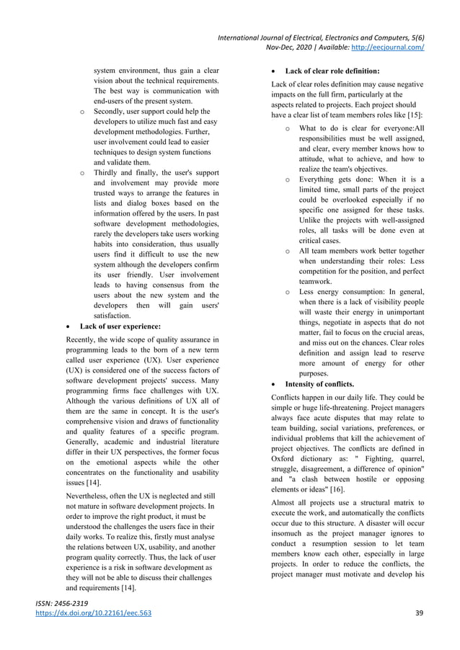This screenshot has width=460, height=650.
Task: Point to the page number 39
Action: [x=419, y=613]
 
